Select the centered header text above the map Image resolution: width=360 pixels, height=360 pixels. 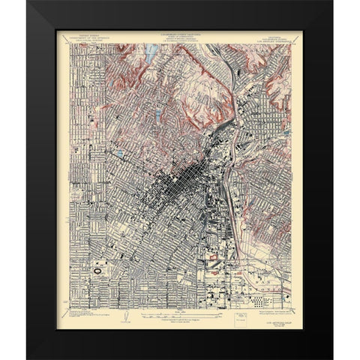[178, 37]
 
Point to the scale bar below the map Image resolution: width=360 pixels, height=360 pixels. [178, 310]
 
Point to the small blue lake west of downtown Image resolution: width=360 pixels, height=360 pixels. [120, 154]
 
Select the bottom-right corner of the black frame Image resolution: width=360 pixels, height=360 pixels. [331, 355]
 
